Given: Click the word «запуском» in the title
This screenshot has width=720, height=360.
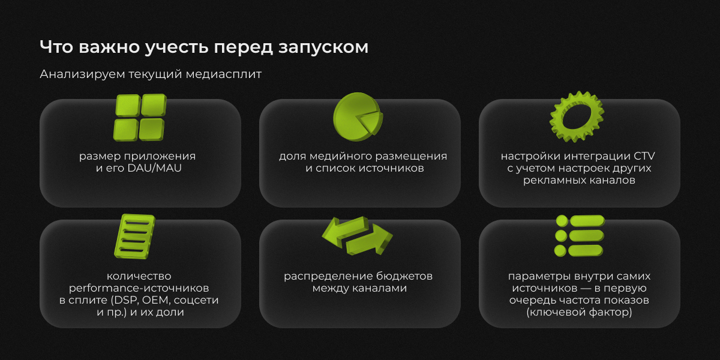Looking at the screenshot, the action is pos(323,47).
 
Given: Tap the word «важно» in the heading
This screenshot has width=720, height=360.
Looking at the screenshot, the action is pos(109,47).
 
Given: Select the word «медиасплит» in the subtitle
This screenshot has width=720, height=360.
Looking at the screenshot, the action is pos(224,74).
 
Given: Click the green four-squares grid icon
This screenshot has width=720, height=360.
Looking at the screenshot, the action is pos(140,118).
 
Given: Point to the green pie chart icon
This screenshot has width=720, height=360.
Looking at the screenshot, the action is pos(358,117).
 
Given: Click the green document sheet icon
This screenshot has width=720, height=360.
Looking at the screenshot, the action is pos(134,236).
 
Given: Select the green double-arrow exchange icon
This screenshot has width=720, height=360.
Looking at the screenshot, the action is pos(357,236).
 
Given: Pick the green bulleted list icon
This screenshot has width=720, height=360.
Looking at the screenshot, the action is pos(580,236).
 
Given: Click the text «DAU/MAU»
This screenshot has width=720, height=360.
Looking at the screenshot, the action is pos(155,168).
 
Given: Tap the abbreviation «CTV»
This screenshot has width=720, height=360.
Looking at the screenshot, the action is pos(644,156).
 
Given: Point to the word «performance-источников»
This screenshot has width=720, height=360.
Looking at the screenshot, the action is pos(139,289).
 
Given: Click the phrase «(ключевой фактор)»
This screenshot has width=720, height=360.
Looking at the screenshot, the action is pos(579,312).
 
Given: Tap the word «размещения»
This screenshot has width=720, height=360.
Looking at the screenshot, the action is pos(411,157).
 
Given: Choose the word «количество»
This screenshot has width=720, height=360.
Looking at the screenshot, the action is pos(139,276).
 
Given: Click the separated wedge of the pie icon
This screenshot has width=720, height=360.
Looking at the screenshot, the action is pos(371,122).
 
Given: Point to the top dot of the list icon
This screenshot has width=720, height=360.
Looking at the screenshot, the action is pos(562,221).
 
